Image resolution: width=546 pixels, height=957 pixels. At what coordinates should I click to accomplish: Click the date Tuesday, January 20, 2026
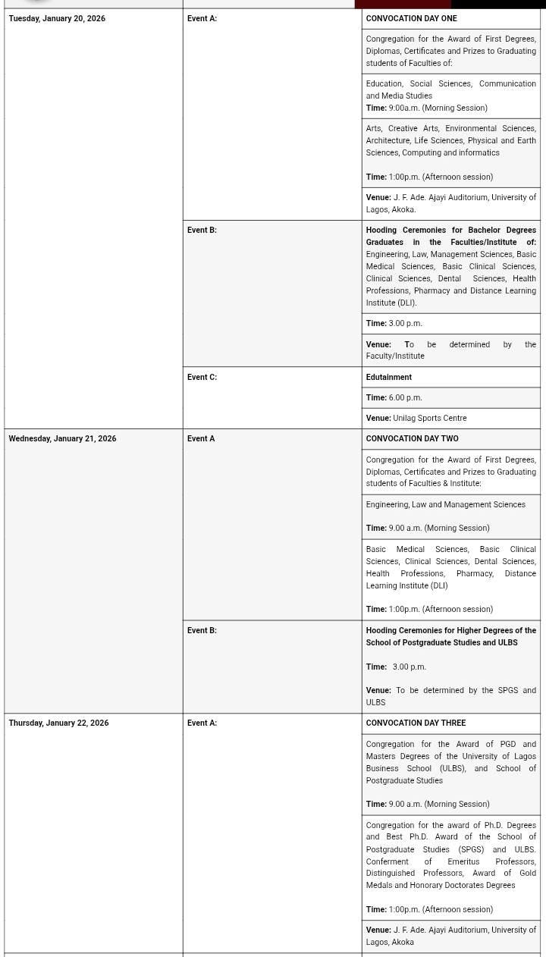(57, 18)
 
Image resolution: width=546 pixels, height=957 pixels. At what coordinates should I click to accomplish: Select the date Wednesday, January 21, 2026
(62, 438)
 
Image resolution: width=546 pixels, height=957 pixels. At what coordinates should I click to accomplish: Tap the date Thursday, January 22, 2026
(58, 723)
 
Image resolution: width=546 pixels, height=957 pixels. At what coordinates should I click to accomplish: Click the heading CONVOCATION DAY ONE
(411, 18)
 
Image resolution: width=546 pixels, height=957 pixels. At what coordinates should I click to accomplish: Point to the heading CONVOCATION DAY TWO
(412, 438)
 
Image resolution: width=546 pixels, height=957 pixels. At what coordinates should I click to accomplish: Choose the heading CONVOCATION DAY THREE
(416, 723)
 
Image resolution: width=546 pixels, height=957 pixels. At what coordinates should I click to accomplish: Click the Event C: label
(202, 377)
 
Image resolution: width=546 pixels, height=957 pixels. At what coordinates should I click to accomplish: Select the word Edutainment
(388, 377)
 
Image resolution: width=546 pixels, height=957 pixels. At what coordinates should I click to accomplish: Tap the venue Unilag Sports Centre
(429, 418)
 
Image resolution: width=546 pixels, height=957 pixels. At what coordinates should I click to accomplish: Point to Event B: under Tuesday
(202, 230)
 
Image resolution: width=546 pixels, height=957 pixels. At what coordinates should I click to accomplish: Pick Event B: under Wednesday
(202, 630)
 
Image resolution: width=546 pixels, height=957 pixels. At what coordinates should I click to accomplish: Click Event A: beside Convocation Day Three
(202, 723)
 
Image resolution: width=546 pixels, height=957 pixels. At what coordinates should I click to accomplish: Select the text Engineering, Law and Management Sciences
(445, 504)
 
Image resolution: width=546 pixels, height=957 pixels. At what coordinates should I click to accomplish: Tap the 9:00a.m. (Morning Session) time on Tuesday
(438, 108)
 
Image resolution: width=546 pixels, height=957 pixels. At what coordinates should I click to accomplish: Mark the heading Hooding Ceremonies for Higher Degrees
(450, 635)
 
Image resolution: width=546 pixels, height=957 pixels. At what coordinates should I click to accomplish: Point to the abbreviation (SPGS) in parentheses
(471, 849)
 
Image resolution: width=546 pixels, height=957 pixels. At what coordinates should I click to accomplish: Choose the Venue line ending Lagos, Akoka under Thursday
(450, 936)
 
